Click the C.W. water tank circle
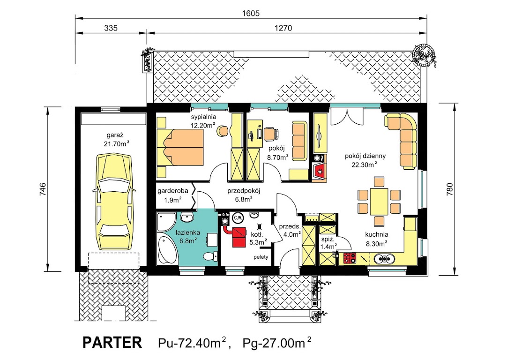pyautogui.click(x=238, y=217)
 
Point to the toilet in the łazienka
pyautogui.click(x=211, y=256)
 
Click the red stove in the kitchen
pyautogui.click(x=350, y=258)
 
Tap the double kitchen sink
pyautogui.click(x=384, y=258)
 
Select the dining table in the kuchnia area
pyautogui.click(x=379, y=201)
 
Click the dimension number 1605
pyautogui.click(x=251, y=13)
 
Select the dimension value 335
pyautogui.click(x=111, y=28)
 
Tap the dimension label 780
pyautogui.click(x=450, y=189)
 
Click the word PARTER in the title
pyautogui.click(x=112, y=342)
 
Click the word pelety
pyautogui.click(x=261, y=257)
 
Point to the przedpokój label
pyautogui.click(x=244, y=191)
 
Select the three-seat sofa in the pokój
pyautogui.click(x=299, y=139)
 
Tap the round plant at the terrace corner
pyautogui.click(x=424, y=54)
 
